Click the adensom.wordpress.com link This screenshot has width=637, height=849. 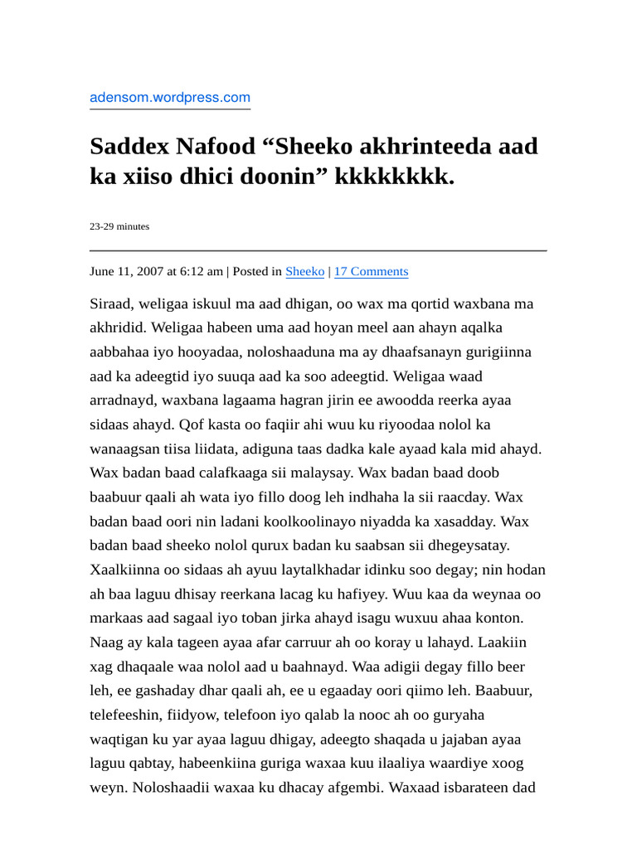pyautogui.click(x=170, y=98)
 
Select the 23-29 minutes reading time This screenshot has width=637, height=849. pyautogui.click(x=119, y=226)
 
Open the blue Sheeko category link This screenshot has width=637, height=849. pyautogui.click(x=305, y=271)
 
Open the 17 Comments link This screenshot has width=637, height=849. pyautogui.click(x=371, y=271)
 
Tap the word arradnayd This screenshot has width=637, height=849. pyautogui.click(x=122, y=400)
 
